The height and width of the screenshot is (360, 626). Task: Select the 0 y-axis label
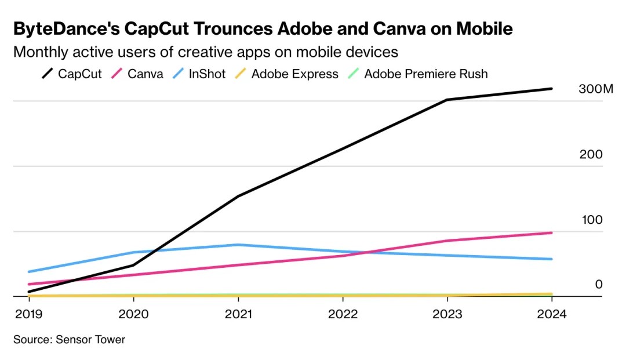coord(599,284)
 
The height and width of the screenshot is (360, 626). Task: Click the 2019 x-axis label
coord(28,314)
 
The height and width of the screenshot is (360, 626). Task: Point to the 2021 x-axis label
coord(238,314)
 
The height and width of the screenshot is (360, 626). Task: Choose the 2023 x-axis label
coord(447,314)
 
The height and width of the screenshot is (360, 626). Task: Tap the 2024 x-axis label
coord(551,314)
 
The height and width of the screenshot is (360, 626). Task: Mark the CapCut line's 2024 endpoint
coord(551,89)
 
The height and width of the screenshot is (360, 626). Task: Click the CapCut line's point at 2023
coord(447,100)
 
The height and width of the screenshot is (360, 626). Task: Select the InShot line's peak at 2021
coord(238,245)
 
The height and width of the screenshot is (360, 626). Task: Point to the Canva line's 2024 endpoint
coord(551,232)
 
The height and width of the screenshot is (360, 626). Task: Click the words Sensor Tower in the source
coord(90,340)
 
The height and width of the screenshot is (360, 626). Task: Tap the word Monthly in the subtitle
coord(38,52)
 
